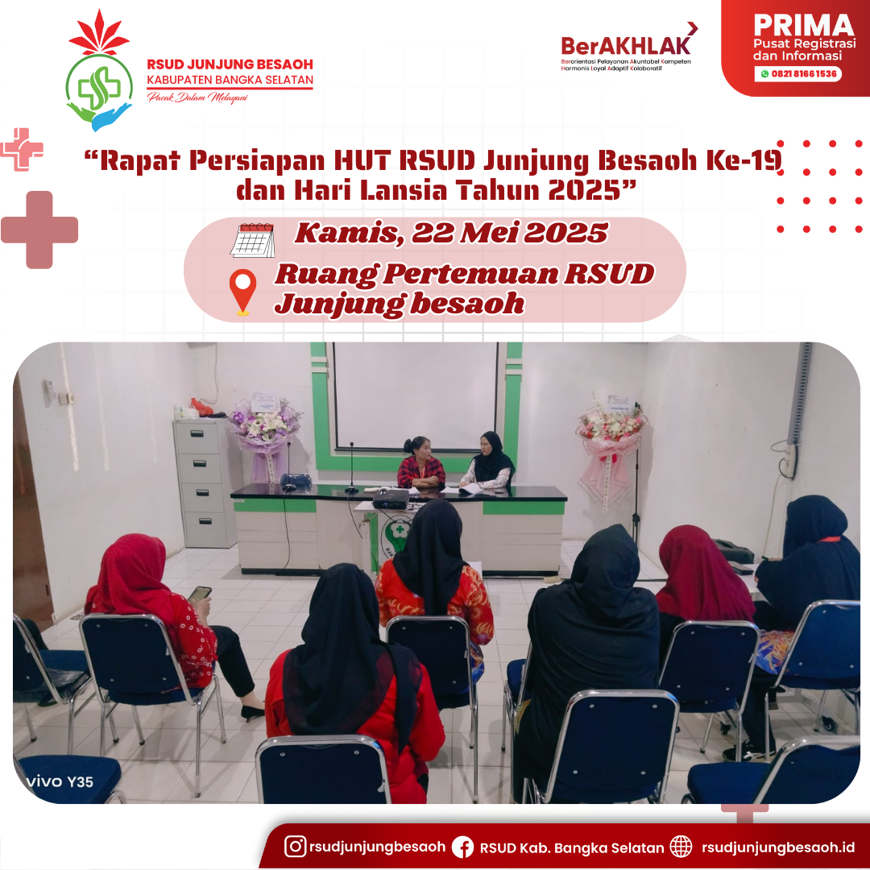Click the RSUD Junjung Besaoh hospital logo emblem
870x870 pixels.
[99, 70]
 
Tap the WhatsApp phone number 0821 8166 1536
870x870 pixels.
[803, 74]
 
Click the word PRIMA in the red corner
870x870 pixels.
[803, 26]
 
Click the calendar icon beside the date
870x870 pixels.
[252, 240]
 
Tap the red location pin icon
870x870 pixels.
[243, 292]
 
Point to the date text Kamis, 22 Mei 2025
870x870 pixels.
[451, 233]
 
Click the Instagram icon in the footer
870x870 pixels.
[295, 846]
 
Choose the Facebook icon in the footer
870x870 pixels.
[462, 847]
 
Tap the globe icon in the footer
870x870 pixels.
[681, 847]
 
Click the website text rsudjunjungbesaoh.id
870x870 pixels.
[778, 847]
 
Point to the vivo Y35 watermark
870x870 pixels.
[60, 781]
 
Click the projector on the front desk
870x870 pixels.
[391, 499]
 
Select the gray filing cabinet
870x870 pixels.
[204, 483]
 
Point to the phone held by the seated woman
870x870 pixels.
[200, 594]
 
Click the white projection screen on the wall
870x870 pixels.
[416, 395]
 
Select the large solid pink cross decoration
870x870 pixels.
[39, 230]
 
